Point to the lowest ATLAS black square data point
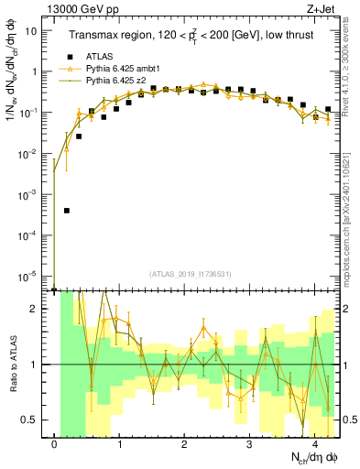point(67,210)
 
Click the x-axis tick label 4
point(315,444)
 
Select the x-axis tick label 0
point(55,444)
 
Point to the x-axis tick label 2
point(185,444)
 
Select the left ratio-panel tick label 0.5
point(34,420)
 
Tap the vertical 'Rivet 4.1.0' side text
point(352,73)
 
